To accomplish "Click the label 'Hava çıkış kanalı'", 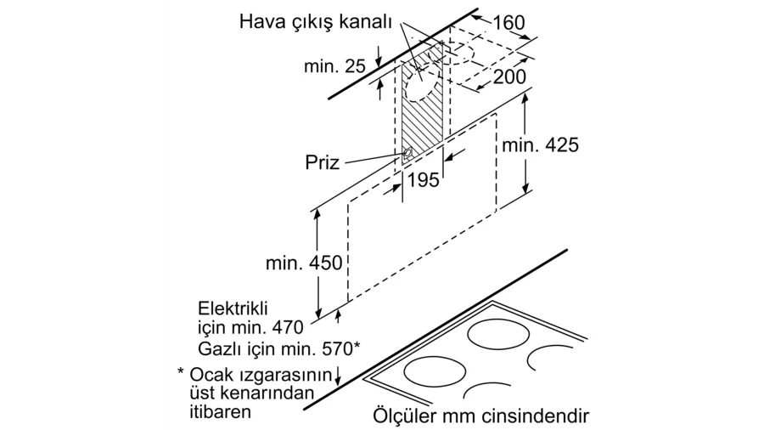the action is [x=315, y=22].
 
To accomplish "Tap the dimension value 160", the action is [x=509, y=22].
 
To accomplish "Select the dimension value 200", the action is [x=509, y=76].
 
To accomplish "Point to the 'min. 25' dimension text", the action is [x=334, y=65].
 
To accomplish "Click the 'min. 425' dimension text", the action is [x=541, y=144].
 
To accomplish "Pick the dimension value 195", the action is [x=423, y=180].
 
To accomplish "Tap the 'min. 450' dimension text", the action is [x=304, y=263].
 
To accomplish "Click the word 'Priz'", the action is [x=322, y=161].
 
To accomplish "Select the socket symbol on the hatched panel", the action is [x=407, y=155].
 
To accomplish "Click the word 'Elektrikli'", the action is [x=233, y=308].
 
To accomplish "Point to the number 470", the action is [x=288, y=327].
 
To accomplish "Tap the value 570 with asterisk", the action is [x=341, y=348].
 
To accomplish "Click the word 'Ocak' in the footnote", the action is [x=208, y=375].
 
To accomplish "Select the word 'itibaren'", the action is [x=220, y=411].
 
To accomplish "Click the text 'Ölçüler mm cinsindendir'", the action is [x=481, y=416].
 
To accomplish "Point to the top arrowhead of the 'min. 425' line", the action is [x=525, y=98].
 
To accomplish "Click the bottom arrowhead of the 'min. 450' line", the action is [x=317, y=313].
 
